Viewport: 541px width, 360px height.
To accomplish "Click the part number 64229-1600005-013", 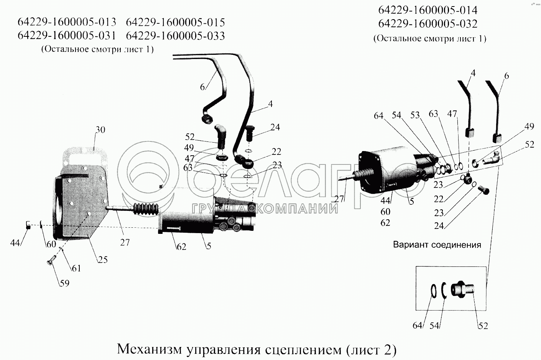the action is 67,22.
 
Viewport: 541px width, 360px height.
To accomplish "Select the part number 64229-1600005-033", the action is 175,36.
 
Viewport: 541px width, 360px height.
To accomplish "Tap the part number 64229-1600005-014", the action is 428,10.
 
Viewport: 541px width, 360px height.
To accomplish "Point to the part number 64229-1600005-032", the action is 428,24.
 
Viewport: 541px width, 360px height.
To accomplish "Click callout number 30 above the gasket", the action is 100,130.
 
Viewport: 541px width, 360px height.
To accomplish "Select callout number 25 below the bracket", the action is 103,260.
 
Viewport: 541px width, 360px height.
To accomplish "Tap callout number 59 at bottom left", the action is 64,283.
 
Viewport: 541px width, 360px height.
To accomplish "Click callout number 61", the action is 76,268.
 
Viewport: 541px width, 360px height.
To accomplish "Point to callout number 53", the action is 415,115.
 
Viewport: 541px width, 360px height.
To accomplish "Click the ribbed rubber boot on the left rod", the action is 146,209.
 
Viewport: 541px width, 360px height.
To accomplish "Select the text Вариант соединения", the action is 437,245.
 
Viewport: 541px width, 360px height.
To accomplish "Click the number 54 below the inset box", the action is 434,326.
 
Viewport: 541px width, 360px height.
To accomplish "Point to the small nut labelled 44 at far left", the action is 28,225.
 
